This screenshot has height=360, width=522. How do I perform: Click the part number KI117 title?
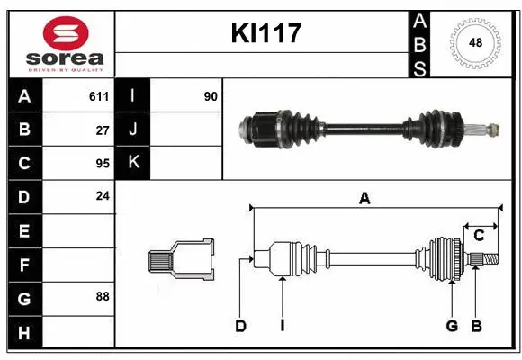265,34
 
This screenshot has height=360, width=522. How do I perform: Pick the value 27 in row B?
103,130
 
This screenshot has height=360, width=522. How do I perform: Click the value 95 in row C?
103,163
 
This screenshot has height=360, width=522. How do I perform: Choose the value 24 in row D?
103,196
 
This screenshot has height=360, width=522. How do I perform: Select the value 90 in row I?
211,96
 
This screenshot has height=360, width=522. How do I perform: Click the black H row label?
24,333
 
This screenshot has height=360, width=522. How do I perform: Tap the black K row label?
133,163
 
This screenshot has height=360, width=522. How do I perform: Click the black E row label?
24,231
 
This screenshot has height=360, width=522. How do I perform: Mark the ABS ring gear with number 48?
474,41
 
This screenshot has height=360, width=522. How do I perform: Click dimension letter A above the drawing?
364,200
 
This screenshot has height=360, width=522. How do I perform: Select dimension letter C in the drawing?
479,236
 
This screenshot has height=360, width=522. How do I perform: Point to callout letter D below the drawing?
240,326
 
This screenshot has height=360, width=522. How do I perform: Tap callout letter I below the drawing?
282,326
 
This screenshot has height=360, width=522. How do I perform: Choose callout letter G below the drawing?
452,326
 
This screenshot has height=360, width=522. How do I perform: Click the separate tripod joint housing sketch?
183,260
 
